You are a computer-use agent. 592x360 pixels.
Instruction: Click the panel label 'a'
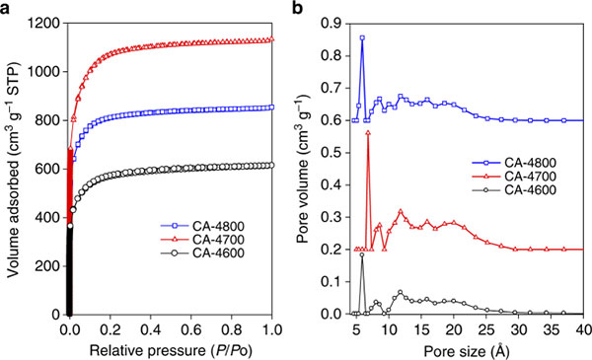5,8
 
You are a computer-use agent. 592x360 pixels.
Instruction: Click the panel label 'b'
298,7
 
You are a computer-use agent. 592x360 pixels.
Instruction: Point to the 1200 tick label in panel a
44,24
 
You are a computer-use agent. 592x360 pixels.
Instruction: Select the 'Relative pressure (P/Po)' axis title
171,350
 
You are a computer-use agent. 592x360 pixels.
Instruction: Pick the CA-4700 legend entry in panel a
202,240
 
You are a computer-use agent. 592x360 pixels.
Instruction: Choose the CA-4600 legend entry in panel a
202,252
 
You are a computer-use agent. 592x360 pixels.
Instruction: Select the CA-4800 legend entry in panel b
514,163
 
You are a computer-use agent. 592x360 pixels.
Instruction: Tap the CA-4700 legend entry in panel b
514,177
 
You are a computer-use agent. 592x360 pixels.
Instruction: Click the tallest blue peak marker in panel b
362,37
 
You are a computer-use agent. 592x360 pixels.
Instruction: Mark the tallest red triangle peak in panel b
368,132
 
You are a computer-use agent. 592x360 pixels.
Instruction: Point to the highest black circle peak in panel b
362,254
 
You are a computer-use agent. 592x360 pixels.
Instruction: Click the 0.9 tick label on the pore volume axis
331,24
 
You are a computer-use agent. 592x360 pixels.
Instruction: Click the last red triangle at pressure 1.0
271,38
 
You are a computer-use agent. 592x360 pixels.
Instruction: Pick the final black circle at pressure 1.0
271,165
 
